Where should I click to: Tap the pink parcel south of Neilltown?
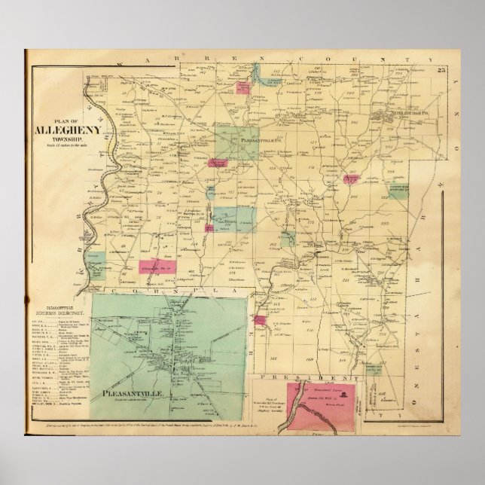pyautogui.click(x=351, y=178)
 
